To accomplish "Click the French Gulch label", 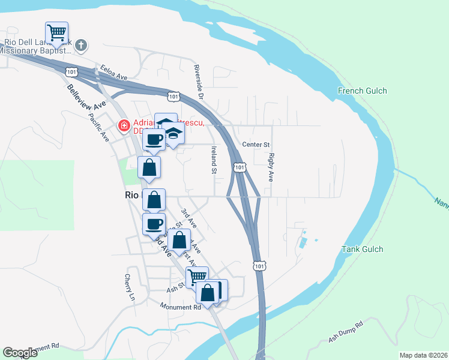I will pyautogui.click(x=362, y=91).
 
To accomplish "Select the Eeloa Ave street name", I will pyautogui.click(x=114, y=73).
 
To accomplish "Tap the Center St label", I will pyautogui.click(x=256, y=145).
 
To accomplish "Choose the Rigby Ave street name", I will pyautogui.click(x=271, y=167).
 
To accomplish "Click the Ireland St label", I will pyautogui.click(x=213, y=159).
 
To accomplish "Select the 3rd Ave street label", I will pyautogui.click(x=189, y=217).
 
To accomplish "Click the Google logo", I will pyautogui.click(x=20, y=353).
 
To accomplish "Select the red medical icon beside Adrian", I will pyautogui.click(x=124, y=125).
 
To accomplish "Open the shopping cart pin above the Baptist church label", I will pyautogui.click(x=56, y=32).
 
